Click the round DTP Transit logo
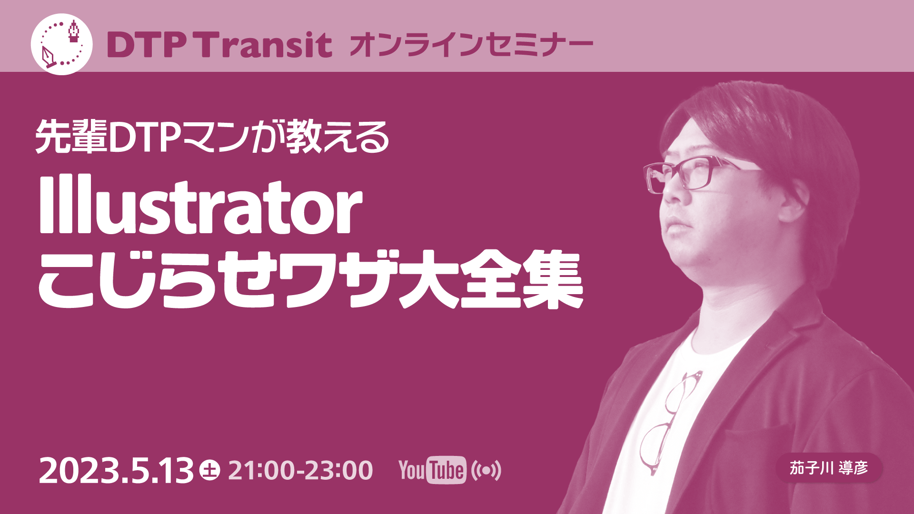click(x=61, y=44)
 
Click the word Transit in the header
click(x=265, y=45)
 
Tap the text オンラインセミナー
click(x=471, y=45)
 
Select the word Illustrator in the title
click(x=200, y=206)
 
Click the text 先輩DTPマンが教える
click(x=212, y=138)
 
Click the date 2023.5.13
click(x=116, y=471)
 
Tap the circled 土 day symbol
click(x=209, y=470)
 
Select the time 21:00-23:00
click(x=300, y=470)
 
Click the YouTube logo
click(x=432, y=470)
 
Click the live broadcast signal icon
click(x=486, y=470)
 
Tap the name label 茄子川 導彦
click(x=829, y=468)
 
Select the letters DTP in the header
click(x=146, y=45)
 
